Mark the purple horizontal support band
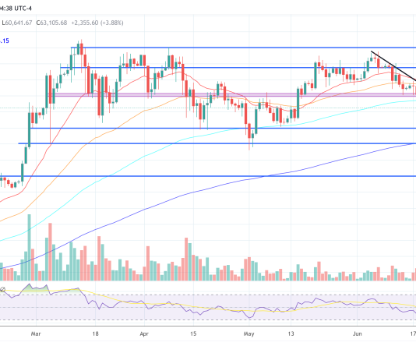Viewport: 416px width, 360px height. (x=234, y=95)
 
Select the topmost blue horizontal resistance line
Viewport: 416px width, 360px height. (x=234, y=48)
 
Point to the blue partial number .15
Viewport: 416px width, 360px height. (x=5, y=41)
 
